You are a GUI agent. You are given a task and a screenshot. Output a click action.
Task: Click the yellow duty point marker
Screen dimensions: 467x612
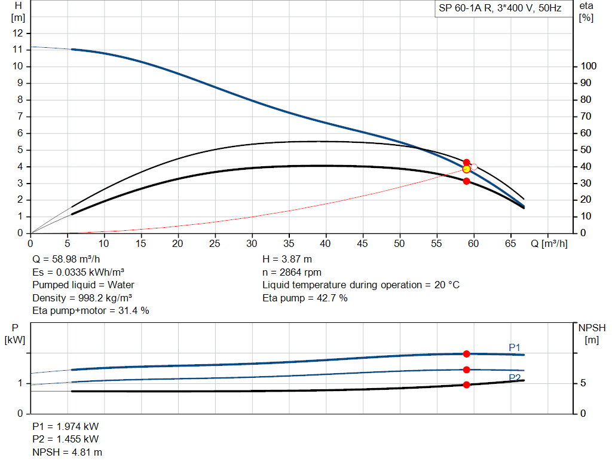[466, 169]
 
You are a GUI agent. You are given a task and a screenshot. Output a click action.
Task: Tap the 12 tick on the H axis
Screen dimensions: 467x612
[18, 33]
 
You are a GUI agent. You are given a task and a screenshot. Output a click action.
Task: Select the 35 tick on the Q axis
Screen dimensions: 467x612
[289, 243]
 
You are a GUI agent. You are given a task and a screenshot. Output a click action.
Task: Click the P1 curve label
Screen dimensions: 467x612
[515, 347]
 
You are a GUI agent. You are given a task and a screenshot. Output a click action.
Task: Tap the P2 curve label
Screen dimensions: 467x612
[515, 377]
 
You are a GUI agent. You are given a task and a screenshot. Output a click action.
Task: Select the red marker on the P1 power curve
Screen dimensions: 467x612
[466, 354]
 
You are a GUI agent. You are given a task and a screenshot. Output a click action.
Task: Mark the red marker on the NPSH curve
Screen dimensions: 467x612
[466, 384]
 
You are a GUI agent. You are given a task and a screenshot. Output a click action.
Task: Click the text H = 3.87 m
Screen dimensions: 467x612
[287, 260]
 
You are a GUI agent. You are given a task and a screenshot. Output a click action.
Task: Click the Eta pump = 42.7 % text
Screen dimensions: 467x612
[305, 298]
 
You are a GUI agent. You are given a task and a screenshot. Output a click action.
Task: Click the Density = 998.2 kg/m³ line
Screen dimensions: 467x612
[82, 298]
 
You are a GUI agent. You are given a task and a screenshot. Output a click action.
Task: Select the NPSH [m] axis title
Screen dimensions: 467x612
[592, 334]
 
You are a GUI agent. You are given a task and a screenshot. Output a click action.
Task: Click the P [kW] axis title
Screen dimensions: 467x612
[16, 334]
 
